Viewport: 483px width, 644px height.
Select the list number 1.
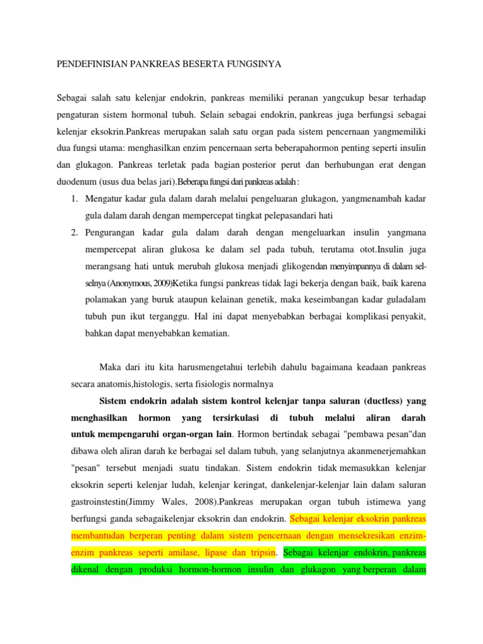pos(74,199)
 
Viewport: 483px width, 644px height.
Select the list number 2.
pos(74,232)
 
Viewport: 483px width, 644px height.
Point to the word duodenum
pos(77,182)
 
